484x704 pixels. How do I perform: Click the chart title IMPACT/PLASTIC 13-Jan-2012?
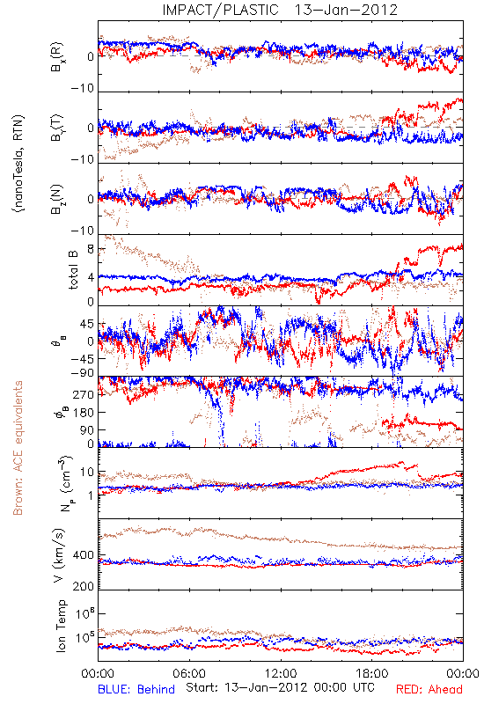280,10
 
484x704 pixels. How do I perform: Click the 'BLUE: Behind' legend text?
136,689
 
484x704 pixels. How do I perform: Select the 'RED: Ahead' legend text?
429,689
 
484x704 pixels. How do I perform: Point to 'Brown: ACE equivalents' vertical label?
18,448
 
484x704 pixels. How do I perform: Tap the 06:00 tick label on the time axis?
189,673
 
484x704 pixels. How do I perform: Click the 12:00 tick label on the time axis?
281,673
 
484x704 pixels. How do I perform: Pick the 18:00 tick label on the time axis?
372,673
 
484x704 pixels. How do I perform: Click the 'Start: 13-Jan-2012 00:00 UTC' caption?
280,687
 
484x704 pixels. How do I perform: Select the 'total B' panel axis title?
73,270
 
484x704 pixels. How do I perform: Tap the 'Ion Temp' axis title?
61,626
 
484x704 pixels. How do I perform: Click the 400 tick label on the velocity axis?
84,555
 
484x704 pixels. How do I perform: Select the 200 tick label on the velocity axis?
84,586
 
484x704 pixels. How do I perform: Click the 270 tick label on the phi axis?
84,394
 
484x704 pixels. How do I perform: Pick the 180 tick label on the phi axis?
84,412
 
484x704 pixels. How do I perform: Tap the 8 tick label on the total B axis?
91,249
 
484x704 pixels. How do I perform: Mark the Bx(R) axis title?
57,56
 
